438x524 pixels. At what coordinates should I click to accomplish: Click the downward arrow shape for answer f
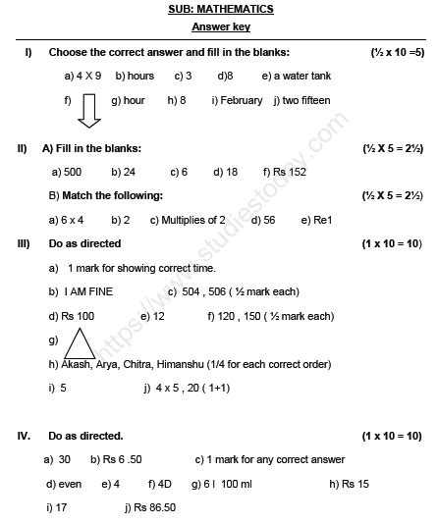pyautogui.click(x=88, y=109)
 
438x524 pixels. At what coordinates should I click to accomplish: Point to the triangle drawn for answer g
pyautogui.click(x=81, y=343)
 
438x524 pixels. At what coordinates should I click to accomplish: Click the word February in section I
pyautogui.click(x=242, y=100)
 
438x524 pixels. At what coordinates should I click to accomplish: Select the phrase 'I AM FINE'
pyautogui.click(x=88, y=291)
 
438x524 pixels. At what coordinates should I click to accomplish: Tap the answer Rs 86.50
pyautogui.click(x=155, y=507)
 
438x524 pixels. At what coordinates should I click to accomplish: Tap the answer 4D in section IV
pyautogui.click(x=164, y=484)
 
